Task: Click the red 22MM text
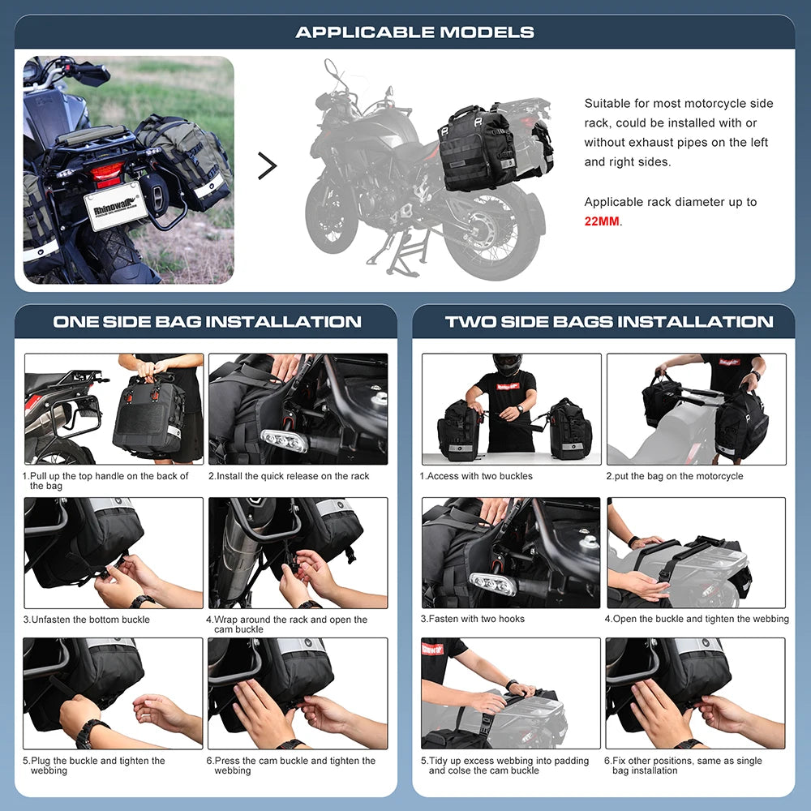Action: click(x=602, y=221)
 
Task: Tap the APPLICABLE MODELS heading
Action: click(x=414, y=32)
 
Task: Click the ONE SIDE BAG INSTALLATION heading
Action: click(x=207, y=322)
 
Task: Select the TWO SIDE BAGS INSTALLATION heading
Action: click(x=609, y=322)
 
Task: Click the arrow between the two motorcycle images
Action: click(x=267, y=166)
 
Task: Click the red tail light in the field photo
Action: click(x=107, y=172)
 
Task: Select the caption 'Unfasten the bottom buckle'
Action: click(x=89, y=620)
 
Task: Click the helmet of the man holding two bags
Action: click(x=508, y=364)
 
